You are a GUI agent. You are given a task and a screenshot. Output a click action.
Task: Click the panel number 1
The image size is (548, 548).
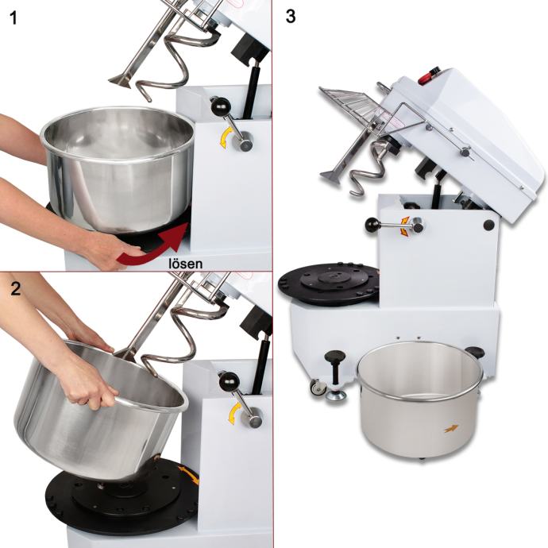(14, 18)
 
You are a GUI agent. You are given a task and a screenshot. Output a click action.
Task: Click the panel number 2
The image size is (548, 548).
(15, 288)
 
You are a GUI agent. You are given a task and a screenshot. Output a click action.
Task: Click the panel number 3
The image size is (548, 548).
(291, 17)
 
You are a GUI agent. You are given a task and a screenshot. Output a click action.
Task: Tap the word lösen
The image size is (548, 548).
(185, 263)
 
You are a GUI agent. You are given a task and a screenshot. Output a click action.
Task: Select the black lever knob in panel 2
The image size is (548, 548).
(228, 381)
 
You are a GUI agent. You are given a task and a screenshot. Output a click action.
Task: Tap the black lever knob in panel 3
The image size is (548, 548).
(372, 225)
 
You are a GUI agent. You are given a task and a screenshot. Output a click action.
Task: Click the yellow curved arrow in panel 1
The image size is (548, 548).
(224, 138)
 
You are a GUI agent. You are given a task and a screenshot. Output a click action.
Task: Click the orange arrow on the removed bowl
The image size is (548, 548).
(451, 429)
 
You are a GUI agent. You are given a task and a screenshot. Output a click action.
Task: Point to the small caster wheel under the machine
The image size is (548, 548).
(318, 388)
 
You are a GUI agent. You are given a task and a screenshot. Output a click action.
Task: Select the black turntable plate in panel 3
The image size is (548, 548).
(328, 284)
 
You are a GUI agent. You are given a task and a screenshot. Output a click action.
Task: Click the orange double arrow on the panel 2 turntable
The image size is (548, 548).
(190, 475)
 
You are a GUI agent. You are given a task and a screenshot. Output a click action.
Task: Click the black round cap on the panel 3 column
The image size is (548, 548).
(489, 225)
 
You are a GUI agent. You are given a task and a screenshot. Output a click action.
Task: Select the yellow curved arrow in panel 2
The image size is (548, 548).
(233, 413)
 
